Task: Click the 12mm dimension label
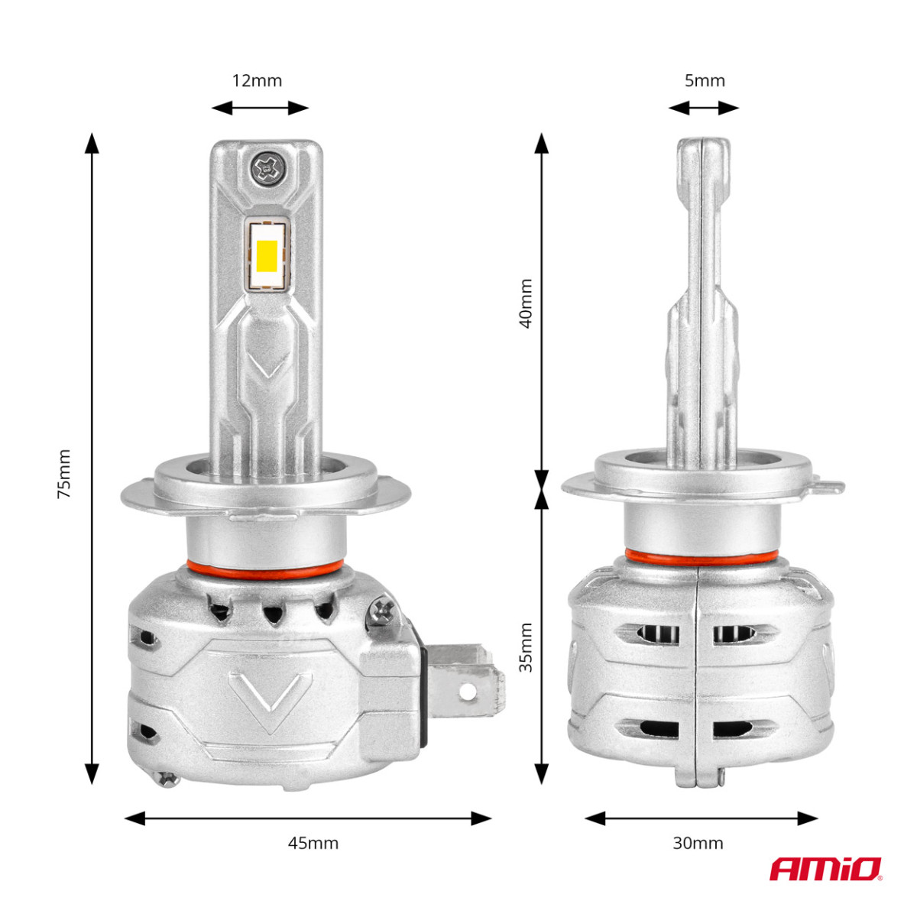(x=257, y=80)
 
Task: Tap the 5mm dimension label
(x=704, y=80)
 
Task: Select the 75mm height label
(x=64, y=474)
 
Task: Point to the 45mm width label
(x=313, y=843)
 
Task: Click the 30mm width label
(x=698, y=843)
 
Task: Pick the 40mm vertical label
(x=526, y=303)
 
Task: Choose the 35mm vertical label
(x=526, y=647)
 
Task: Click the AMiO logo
(x=825, y=869)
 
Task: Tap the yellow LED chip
(x=267, y=256)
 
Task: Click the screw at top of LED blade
(x=267, y=167)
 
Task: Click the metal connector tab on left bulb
(x=466, y=676)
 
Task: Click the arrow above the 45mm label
(x=307, y=818)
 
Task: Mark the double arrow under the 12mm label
(x=260, y=108)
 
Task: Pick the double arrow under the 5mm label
(x=703, y=108)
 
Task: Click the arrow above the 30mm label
(x=701, y=818)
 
